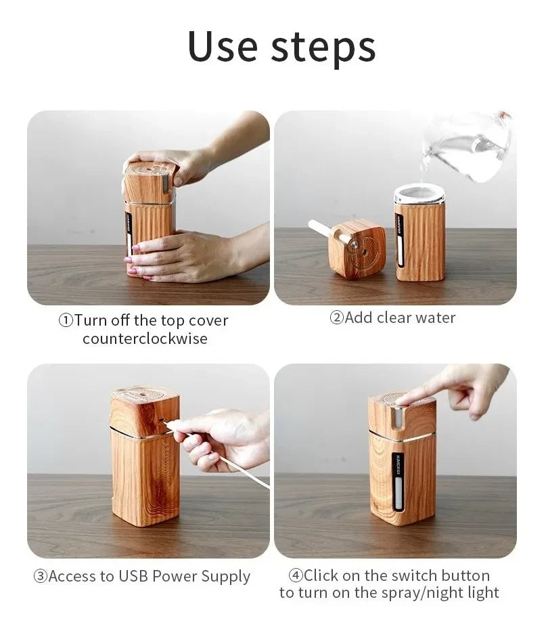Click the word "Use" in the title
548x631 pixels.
223,47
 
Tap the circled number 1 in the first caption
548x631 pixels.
66,321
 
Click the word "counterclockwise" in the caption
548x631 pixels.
145,339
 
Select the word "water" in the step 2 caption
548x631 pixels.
435,318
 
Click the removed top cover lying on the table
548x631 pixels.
357,249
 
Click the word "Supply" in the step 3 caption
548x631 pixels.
224,577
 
